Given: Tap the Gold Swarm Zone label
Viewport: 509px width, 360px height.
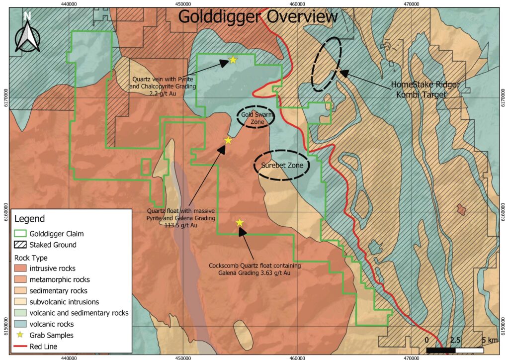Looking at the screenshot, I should tap(254, 118).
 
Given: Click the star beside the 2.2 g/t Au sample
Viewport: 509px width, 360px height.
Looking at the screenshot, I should tap(233, 60).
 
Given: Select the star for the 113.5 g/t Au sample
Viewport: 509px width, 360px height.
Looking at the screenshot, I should tap(228, 140).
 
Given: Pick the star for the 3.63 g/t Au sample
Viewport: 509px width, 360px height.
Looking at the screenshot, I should tap(240, 222).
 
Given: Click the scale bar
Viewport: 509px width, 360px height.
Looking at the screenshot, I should tap(455, 350).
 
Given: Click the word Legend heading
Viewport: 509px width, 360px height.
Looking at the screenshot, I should tap(30, 219).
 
